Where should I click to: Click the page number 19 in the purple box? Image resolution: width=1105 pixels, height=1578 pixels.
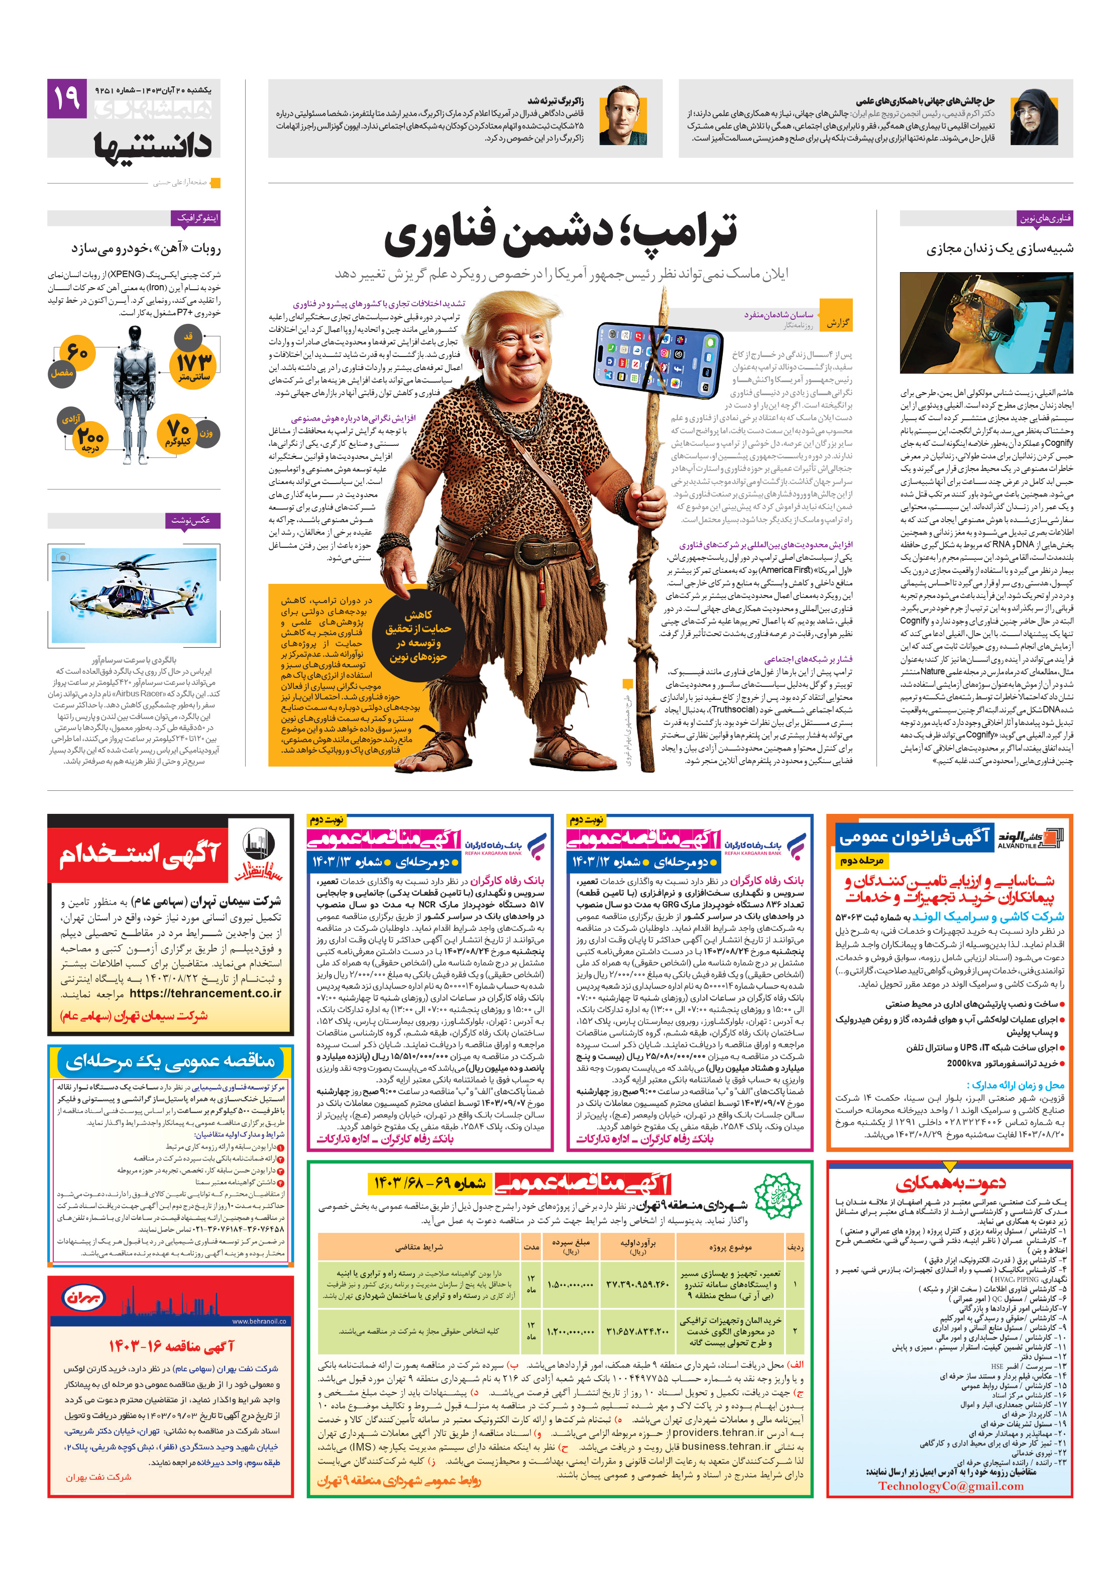click(67, 98)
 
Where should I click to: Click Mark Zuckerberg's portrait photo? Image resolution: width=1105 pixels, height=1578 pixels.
click(623, 115)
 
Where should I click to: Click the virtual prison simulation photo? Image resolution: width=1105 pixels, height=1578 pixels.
click(985, 322)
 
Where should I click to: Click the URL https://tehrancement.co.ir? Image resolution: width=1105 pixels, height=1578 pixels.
click(205, 993)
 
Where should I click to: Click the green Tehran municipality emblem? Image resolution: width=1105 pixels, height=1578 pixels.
click(777, 1196)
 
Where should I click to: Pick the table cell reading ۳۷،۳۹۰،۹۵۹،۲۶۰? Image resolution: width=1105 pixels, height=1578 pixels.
click(637, 1284)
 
